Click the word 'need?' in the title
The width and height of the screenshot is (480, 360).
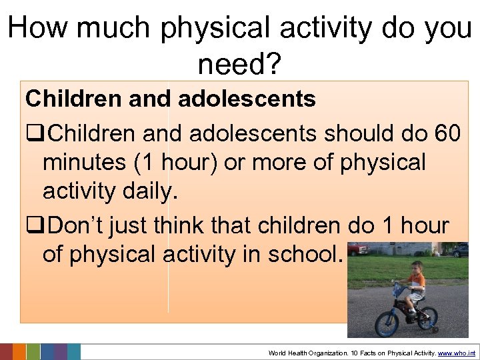240,64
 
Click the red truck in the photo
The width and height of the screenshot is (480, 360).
358,249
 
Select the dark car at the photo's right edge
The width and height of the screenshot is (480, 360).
460,250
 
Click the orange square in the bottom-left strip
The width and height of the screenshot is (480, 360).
19,352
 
